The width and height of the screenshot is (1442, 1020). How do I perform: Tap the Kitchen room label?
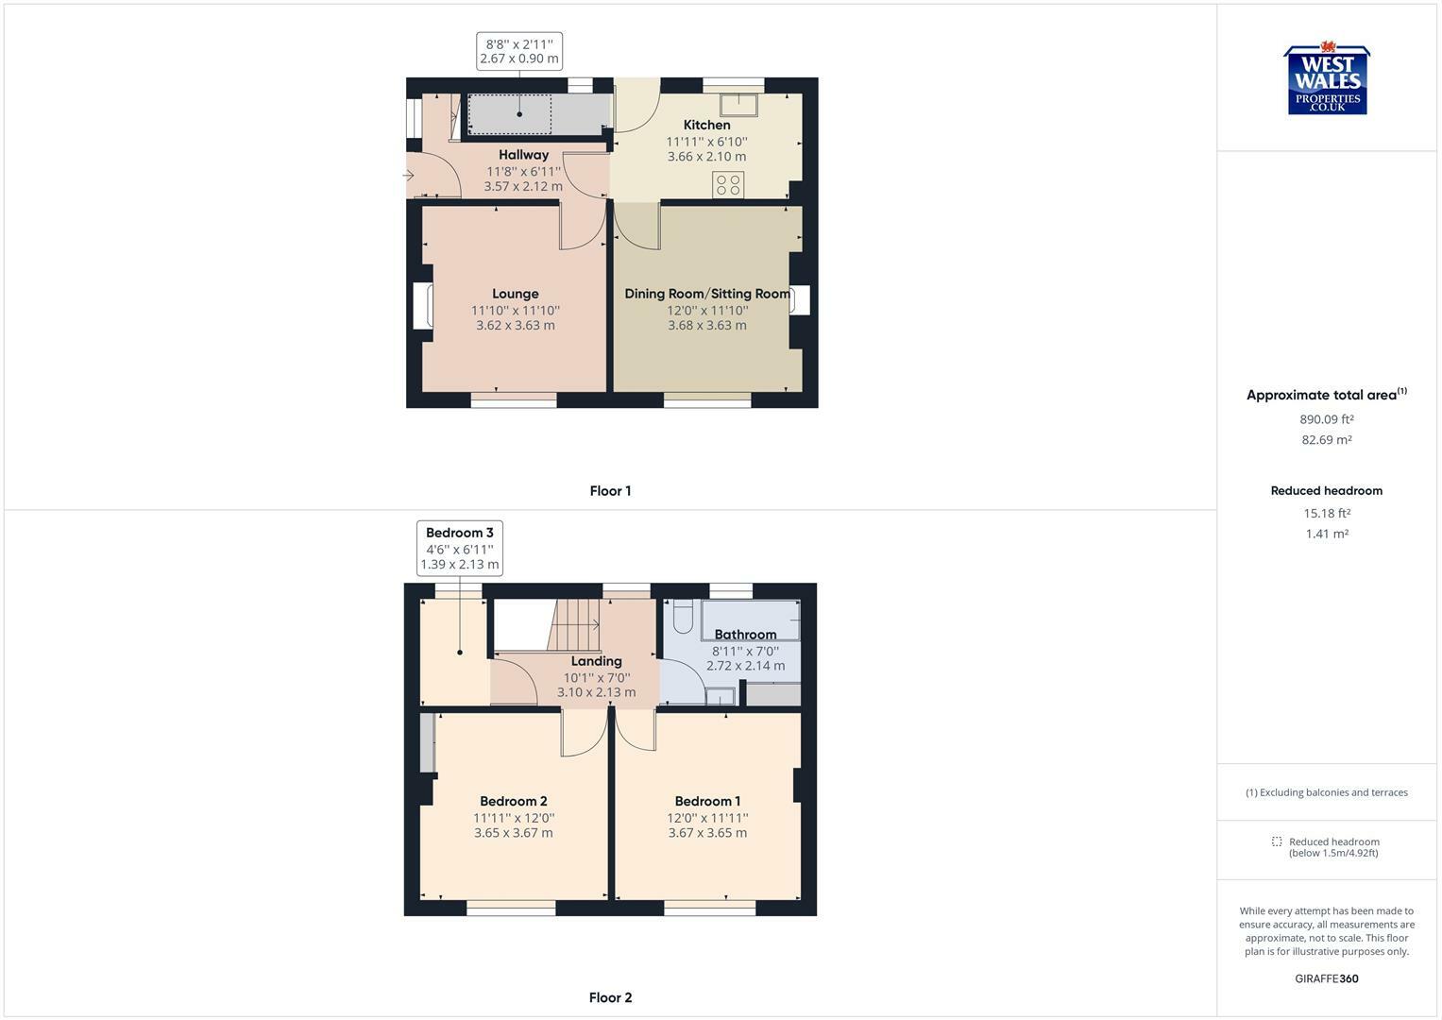pos(707,125)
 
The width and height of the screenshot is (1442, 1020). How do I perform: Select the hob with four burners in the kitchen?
pos(728,184)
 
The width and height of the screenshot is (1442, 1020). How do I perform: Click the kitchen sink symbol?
pos(739,105)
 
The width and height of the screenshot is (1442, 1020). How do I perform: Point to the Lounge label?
pos(515,294)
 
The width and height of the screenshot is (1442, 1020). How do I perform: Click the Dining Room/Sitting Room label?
pos(707,294)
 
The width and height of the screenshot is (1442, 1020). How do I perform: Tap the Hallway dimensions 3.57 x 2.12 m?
pos(523,186)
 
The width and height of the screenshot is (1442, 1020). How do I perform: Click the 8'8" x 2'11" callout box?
pos(519,51)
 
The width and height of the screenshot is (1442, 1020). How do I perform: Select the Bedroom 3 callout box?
pos(460,548)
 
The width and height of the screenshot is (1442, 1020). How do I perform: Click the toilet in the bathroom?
pos(683,617)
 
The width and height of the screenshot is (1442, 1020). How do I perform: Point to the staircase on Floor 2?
pos(574,625)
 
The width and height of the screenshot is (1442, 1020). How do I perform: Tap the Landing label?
pos(596,661)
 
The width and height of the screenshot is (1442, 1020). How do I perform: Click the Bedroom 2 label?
pos(514,801)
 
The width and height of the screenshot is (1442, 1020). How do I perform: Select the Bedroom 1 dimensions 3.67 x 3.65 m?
pos(707,833)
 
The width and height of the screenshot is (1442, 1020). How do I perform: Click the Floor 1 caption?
pos(610,491)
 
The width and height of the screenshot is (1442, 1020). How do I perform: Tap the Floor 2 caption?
pos(610,997)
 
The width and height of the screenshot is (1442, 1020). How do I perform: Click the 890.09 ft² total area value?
pos(1326,419)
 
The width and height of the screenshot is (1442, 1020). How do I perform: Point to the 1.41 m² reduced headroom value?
pos(1327,534)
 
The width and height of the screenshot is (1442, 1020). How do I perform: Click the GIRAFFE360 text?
pos(1327,978)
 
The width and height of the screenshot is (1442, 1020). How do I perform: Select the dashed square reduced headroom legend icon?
pos(1277,841)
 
